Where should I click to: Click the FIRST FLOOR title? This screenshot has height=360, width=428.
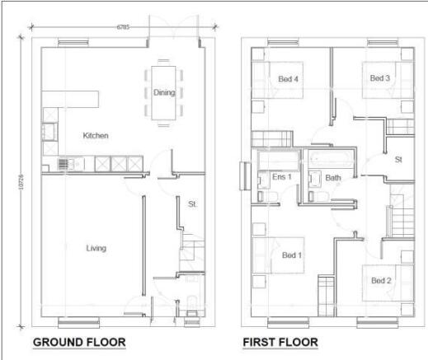pos(280,342)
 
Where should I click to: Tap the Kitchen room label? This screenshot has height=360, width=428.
pos(96,134)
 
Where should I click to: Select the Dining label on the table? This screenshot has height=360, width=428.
pos(164,92)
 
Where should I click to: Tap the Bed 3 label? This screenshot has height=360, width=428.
pos(379,78)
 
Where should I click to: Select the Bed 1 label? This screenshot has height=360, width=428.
pos(292,255)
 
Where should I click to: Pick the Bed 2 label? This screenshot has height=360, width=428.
pos(380,281)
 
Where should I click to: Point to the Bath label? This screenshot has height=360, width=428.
pos(333,177)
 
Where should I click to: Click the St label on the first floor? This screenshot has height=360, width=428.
pos(397,159)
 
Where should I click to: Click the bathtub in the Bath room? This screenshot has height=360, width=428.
pos(328,156)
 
